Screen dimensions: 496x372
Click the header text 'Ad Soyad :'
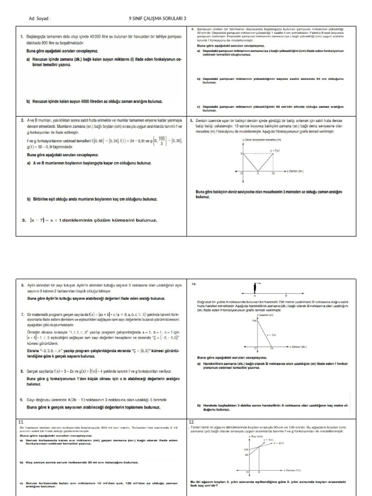pos(40,19)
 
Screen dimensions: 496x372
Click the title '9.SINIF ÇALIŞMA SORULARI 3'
pos(157,19)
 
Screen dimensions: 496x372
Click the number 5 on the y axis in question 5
pos(241,154)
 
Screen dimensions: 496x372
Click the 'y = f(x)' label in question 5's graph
pos(276,152)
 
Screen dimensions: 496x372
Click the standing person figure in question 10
pos(255,289)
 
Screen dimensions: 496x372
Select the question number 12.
pos(191,422)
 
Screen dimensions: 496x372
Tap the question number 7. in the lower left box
pos(22,314)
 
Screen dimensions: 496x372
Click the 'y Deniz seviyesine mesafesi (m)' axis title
pos(262,139)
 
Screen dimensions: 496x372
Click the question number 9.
pos(22,400)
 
